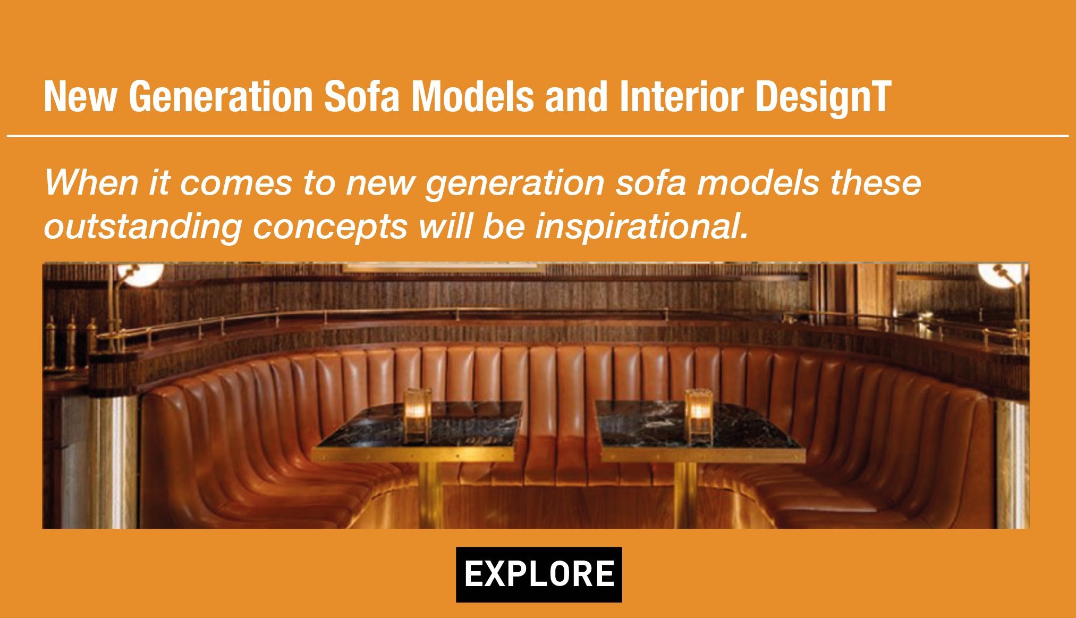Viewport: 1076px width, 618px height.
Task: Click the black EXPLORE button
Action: tap(539, 574)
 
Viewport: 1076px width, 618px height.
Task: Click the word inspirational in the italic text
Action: tap(642, 227)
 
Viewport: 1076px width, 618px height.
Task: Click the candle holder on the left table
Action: tap(417, 415)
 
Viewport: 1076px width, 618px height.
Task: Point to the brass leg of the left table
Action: tap(430, 495)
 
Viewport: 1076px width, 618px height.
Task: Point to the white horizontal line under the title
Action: tap(538, 136)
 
